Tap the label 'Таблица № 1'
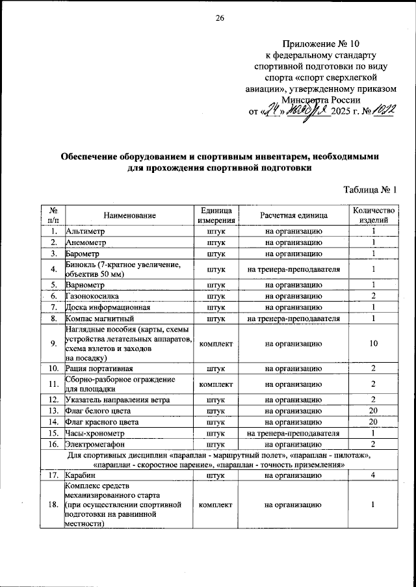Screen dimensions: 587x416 click(x=369, y=189)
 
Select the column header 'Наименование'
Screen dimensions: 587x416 click(x=129, y=215)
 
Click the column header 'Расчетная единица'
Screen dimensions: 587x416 click(x=294, y=215)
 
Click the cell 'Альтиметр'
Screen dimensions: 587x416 click(x=85, y=231)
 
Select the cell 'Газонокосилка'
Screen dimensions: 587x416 click(x=93, y=296)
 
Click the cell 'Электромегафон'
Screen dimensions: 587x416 click(x=95, y=444)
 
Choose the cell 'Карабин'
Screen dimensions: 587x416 click(x=81, y=476)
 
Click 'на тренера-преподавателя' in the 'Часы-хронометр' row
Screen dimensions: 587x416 click(x=294, y=433)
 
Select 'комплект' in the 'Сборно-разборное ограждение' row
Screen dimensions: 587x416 click(x=216, y=384)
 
